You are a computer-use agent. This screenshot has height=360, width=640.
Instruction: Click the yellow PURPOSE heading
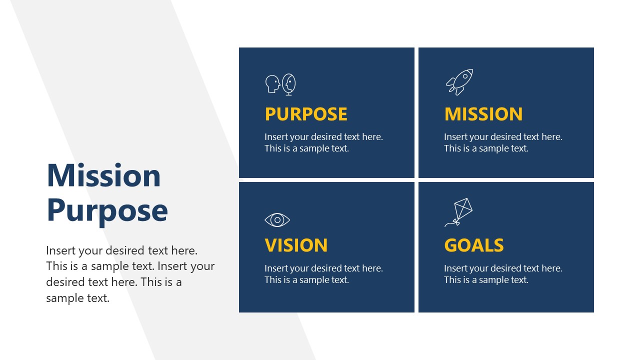coord(305,114)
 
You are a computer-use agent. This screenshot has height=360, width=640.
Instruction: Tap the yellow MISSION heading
coord(483,114)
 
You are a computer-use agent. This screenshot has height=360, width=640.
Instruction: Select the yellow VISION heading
coord(296,245)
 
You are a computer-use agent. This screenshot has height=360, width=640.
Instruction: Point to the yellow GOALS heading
coord(473,245)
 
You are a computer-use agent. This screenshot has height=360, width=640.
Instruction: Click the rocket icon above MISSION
coord(459,82)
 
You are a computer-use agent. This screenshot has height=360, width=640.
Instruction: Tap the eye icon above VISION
coord(277,220)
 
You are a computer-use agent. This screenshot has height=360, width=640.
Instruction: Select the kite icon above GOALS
coord(459,212)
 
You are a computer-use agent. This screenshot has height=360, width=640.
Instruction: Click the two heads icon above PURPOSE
coord(280,84)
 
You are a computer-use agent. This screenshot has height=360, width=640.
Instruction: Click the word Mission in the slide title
coord(103,175)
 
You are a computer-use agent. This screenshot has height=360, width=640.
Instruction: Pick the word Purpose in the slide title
coord(107,210)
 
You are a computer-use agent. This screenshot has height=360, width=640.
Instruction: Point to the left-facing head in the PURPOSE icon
coord(272,84)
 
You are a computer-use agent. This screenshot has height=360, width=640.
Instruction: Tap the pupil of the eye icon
coord(277,220)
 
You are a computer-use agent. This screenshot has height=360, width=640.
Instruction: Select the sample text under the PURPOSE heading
coord(323,142)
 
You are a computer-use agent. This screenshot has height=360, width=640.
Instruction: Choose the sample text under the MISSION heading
coord(503,142)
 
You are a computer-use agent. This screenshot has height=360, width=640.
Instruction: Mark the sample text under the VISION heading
coord(323,274)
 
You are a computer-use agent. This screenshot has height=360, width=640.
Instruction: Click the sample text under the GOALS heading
coord(503,274)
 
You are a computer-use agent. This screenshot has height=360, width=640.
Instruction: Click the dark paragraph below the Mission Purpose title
coord(130,274)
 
